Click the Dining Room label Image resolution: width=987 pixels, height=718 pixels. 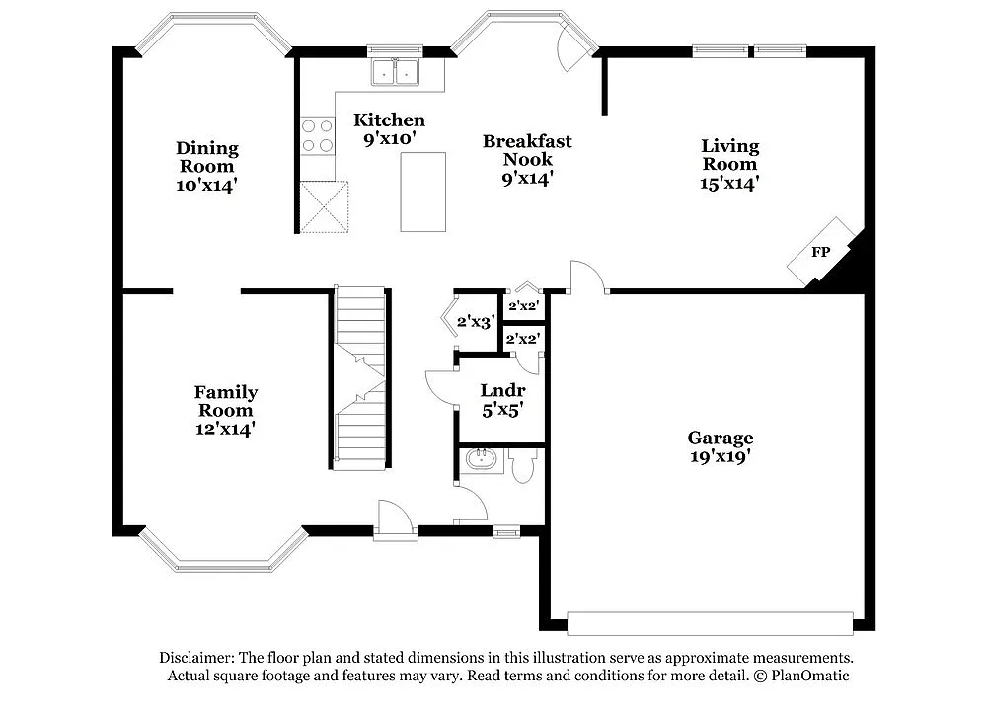207,166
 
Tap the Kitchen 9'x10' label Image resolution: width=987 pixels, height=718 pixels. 390,129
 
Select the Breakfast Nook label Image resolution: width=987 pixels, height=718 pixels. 527,159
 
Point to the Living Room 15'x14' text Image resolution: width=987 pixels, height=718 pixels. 730,164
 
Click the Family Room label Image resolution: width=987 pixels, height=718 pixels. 225,410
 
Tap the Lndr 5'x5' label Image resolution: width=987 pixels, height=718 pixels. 501,398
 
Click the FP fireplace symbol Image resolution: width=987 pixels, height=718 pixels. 820,252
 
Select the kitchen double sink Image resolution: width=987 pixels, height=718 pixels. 395,71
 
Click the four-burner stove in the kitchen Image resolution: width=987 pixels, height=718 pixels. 317,135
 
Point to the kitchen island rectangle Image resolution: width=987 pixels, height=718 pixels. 422,192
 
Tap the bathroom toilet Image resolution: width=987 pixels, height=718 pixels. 523,464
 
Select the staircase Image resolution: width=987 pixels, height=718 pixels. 358,378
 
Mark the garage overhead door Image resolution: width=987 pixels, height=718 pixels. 710,623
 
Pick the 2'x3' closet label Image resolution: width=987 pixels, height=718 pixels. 475,321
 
